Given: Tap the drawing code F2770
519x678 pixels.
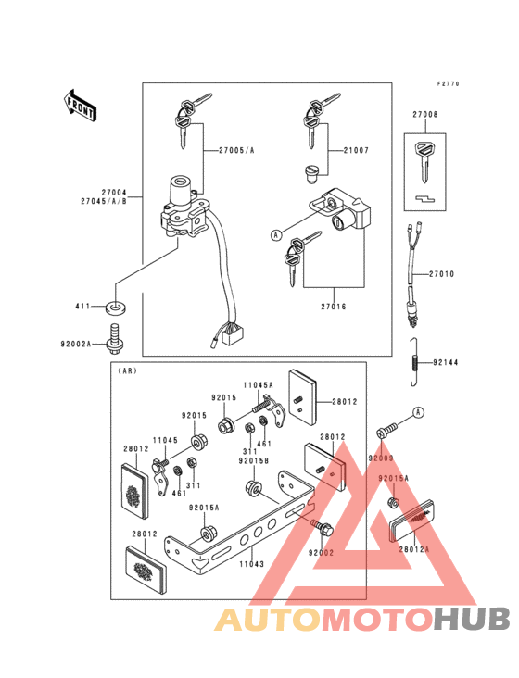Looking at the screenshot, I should pos(449,84).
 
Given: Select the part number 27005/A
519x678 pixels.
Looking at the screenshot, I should pos(236,150).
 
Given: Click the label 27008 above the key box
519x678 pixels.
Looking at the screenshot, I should pos(427,116).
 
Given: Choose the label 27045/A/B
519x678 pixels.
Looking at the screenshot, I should pos(104,201).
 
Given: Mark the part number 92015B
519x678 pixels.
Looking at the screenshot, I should pos(253,460).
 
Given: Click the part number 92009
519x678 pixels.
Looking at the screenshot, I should pos(380,458).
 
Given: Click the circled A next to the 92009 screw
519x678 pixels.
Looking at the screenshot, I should pos(417,411).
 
